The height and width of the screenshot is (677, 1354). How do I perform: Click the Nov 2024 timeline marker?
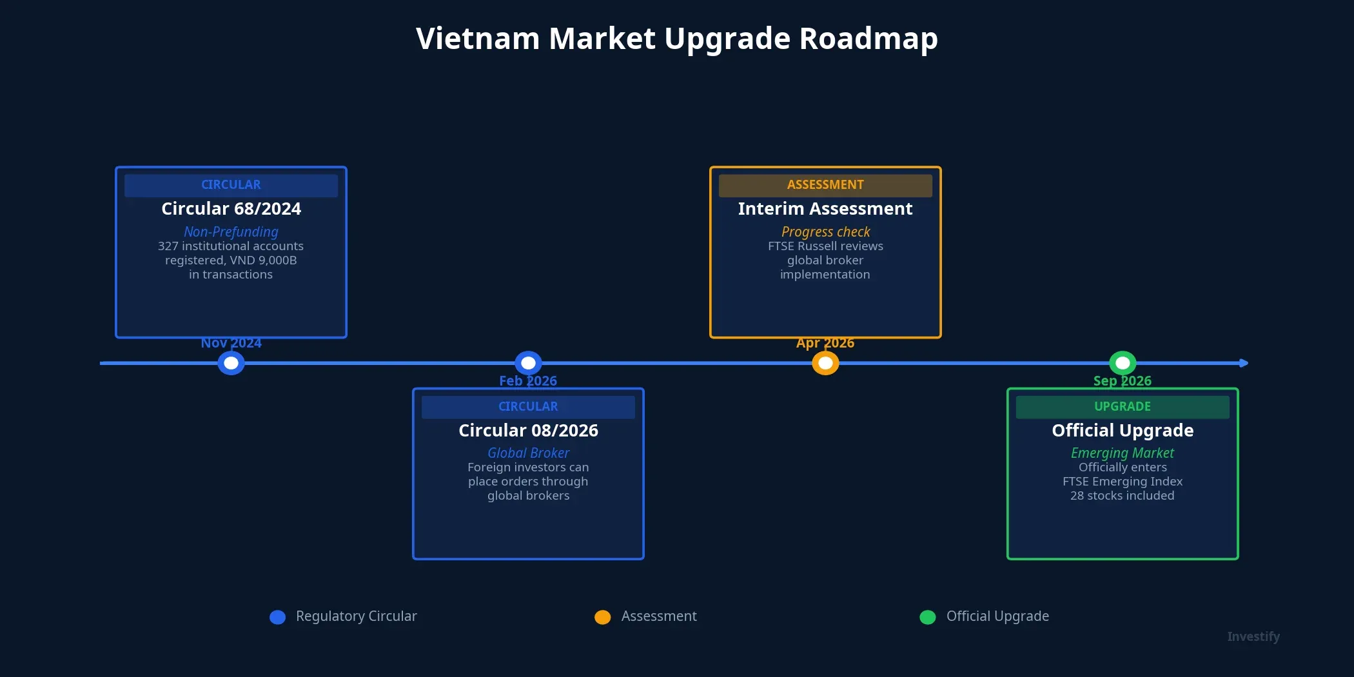(231, 363)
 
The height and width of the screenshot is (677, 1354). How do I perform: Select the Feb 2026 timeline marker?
(528, 363)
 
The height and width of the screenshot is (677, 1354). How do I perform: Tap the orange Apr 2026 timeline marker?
(825, 363)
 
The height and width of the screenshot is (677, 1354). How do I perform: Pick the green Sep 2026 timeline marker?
(1123, 363)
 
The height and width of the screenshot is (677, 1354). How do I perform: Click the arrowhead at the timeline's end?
(1244, 363)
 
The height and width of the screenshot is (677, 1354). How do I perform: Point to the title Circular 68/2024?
(231, 209)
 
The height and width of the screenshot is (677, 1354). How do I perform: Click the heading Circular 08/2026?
(528, 430)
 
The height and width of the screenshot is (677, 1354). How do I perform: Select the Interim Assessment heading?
(825, 209)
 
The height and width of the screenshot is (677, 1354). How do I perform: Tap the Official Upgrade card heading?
(1123, 430)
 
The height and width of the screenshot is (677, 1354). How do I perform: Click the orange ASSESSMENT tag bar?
(825, 185)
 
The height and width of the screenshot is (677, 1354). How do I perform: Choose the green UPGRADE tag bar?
(1123, 407)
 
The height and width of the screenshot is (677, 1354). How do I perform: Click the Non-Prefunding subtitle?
(231, 231)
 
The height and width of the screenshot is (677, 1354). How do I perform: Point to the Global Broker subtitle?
(528, 453)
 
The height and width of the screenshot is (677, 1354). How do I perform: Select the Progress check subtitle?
(825, 231)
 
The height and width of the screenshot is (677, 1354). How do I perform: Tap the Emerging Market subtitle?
(1123, 453)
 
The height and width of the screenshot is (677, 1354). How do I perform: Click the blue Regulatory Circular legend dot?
(277, 617)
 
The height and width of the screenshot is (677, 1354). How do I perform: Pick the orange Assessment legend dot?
(602, 617)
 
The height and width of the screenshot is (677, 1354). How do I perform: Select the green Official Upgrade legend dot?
(927, 617)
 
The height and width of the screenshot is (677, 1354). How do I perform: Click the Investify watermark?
(1253, 637)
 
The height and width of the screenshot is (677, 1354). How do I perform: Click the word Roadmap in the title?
(868, 39)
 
